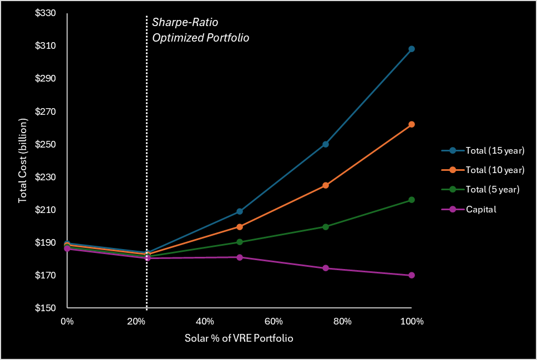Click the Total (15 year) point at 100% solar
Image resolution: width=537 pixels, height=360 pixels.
click(x=412, y=49)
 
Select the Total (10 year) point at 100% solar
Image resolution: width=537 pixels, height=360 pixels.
click(x=412, y=124)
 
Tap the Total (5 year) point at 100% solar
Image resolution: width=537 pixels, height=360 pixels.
click(x=412, y=200)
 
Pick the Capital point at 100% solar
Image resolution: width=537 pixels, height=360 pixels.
click(x=412, y=275)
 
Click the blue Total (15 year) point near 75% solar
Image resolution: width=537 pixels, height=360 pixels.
click(x=326, y=144)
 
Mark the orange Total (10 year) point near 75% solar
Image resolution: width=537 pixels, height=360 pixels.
click(x=326, y=185)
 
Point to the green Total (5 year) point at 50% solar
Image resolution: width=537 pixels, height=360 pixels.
click(x=240, y=242)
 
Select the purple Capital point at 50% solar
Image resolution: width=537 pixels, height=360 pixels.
click(x=240, y=257)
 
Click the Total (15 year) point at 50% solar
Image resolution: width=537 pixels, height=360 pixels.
click(x=240, y=211)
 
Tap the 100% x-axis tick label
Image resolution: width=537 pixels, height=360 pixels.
click(x=411, y=322)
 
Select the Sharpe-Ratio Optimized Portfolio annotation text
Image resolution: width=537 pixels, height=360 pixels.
click(x=200, y=30)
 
